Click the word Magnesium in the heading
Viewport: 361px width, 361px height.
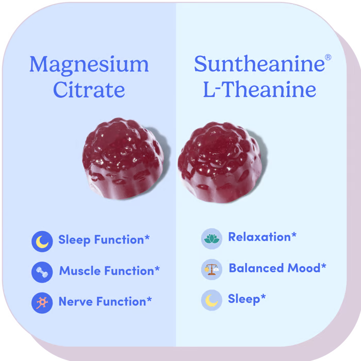pos(89,65)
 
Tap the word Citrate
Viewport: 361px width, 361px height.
pos(89,90)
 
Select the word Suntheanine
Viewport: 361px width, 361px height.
pos(259,65)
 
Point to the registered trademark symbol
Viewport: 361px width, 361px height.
pos(327,58)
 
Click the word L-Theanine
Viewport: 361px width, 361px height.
pos(259,90)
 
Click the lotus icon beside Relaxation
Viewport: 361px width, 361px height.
pos(211,238)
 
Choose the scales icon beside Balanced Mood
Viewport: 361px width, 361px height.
pos(211,269)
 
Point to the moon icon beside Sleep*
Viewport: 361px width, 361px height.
pos(211,300)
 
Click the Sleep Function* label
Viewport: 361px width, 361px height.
pos(104,240)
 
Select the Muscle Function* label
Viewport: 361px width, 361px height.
pos(109,271)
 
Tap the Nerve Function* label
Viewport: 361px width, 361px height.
pos(105,302)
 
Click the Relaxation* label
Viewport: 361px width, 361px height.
pos(262,237)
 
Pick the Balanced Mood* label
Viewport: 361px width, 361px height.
pos(277,268)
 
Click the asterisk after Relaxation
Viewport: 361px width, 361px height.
pos(294,235)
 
